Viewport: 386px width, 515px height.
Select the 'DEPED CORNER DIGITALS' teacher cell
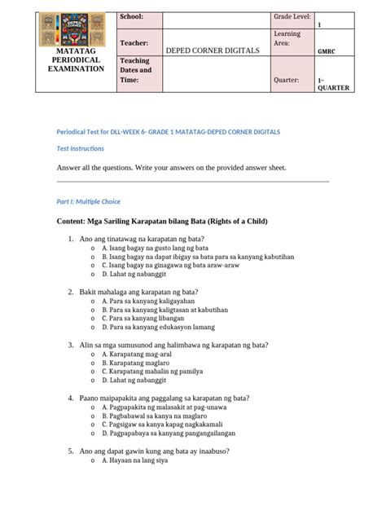[x=213, y=51]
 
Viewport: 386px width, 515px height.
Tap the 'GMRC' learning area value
[x=328, y=51]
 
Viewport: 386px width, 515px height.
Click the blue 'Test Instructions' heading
[x=80, y=148]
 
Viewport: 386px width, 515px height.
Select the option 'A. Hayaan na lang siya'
[x=134, y=460]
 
